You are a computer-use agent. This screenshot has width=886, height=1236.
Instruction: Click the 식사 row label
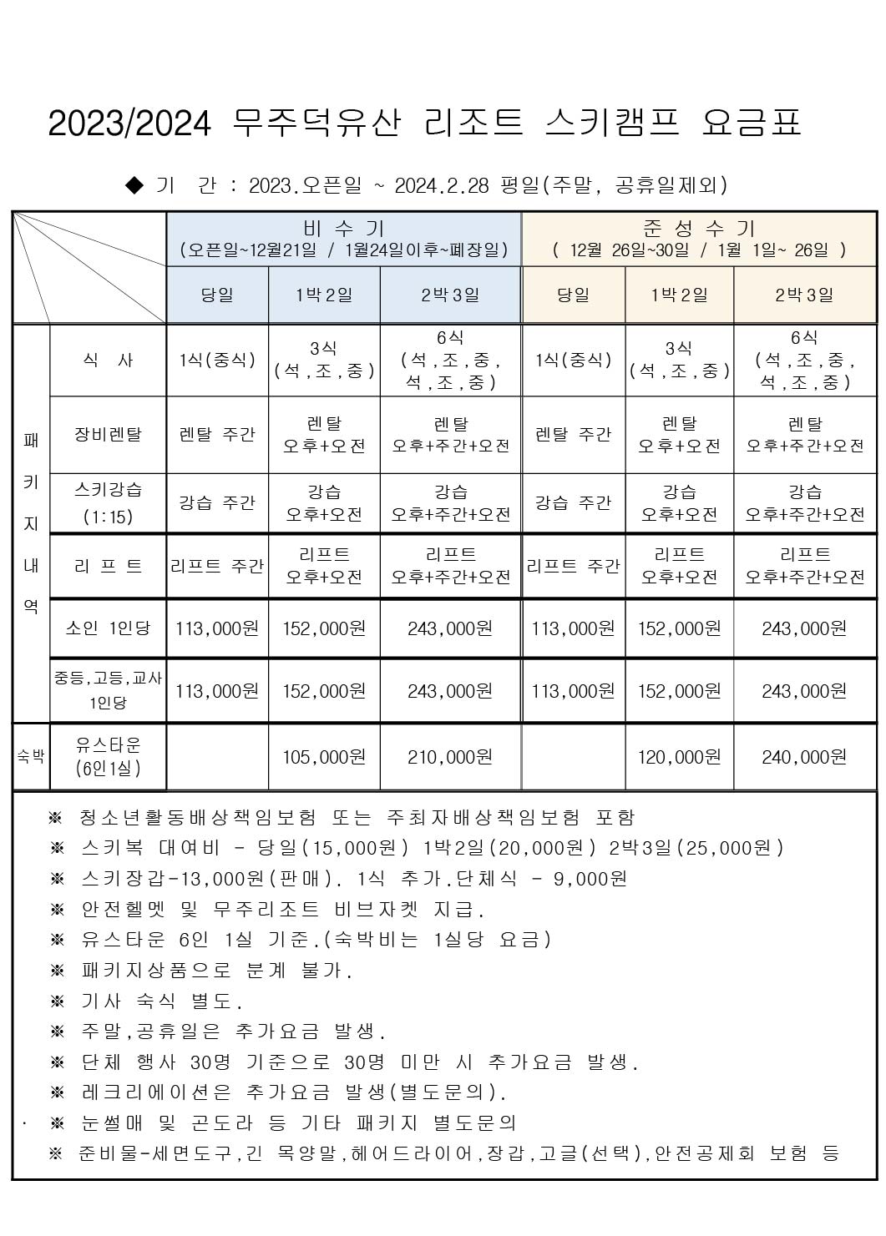pyautogui.click(x=108, y=361)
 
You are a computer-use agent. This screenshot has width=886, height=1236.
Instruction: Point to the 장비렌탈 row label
pyautogui.click(x=108, y=434)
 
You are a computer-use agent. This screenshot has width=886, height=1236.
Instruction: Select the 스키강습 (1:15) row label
pyautogui.click(x=108, y=502)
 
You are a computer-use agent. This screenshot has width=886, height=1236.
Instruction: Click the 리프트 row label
pyautogui.click(x=108, y=566)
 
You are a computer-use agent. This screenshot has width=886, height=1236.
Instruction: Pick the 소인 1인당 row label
pyautogui.click(x=108, y=628)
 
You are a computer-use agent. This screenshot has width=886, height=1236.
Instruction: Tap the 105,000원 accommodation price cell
pyautogui.click(x=324, y=757)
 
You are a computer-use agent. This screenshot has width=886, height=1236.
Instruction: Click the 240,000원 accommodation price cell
pyautogui.click(x=804, y=757)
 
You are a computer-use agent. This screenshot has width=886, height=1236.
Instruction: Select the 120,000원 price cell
pyautogui.click(x=679, y=757)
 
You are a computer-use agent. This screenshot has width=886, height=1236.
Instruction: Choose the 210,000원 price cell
pyautogui.click(x=450, y=757)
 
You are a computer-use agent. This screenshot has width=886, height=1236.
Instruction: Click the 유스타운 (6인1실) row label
pyautogui.click(x=108, y=756)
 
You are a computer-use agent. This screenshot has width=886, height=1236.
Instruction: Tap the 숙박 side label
pyautogui.click(x=31, y=757)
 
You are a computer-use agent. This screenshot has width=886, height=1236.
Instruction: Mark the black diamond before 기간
pyautogui.click(x=134, y=184)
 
